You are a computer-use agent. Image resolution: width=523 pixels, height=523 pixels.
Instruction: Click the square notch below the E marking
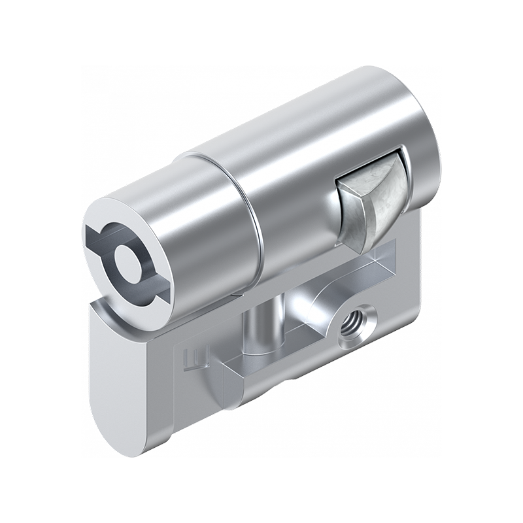[222, 386]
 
